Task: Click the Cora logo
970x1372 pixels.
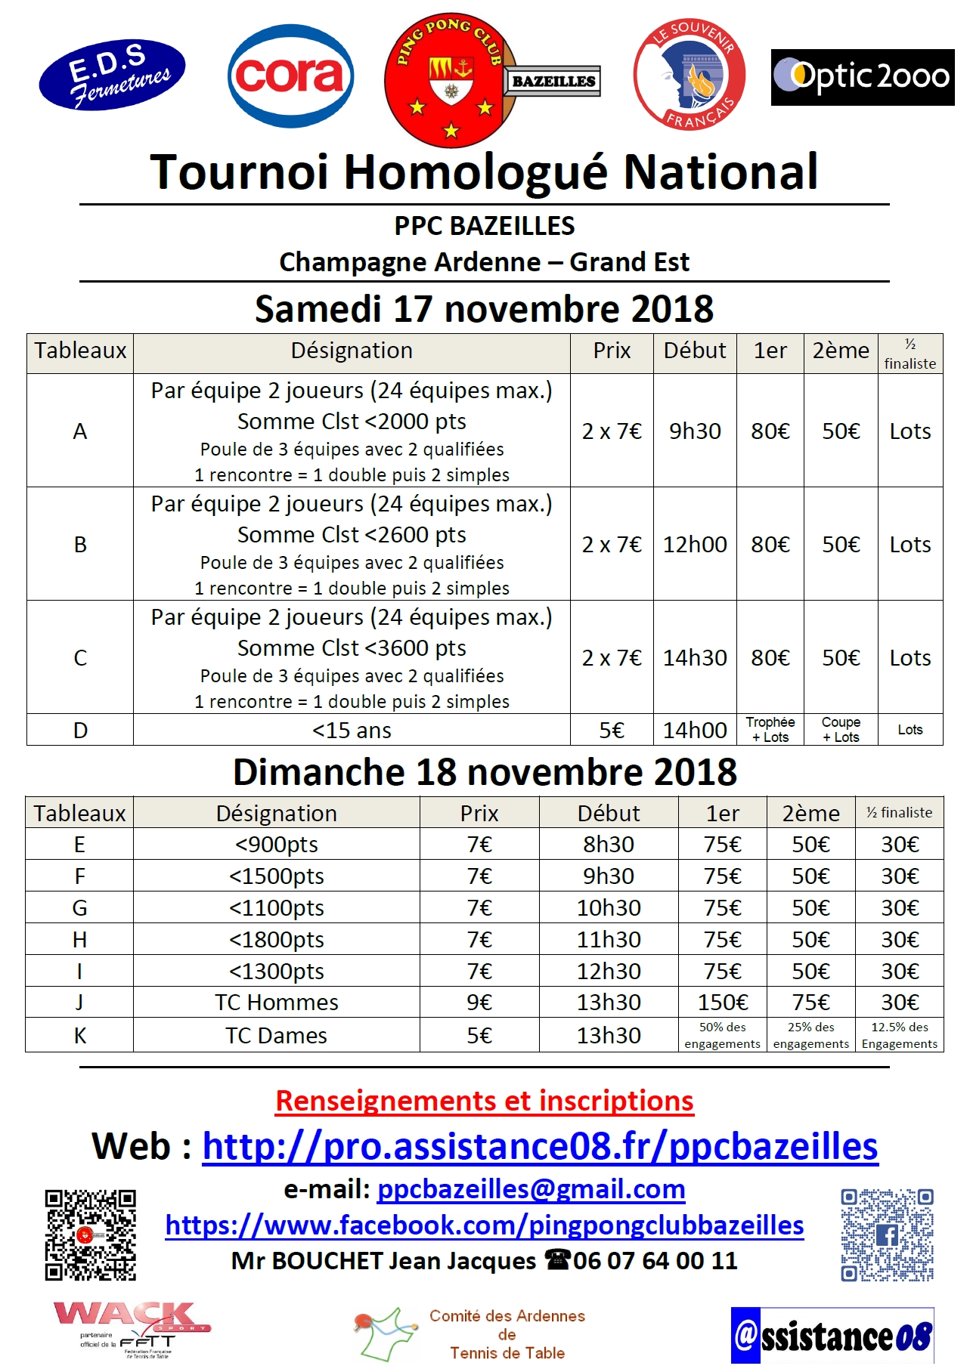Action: (x=291, y=76)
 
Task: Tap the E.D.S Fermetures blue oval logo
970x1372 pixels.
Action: (x=112, y=75)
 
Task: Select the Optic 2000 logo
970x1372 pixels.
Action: (x=862, y=77)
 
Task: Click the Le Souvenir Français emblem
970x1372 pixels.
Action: (x=689, y=75)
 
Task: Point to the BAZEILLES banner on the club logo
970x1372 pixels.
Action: (x=553, y=82)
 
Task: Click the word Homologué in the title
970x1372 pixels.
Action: (x=476, y=172)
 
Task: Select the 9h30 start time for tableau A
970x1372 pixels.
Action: (x=695, y=431)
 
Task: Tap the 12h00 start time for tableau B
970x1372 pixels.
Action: (x=695, y=545)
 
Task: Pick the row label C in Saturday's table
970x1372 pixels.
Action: (x=80, y=658)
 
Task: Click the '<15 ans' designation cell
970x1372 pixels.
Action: (x=352, y=731)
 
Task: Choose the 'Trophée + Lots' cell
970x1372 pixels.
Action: (x=770, y=730)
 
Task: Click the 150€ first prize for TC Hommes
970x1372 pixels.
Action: (x=722, y=1003)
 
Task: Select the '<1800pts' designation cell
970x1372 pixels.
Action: (x=277, y=940)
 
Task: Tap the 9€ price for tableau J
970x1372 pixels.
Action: (x=479, y=1003)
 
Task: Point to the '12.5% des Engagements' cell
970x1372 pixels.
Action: (x=899, y=1035)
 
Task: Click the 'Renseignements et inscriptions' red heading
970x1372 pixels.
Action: (x=485, y=1101)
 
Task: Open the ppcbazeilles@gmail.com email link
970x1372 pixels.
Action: (x=531, y=1189)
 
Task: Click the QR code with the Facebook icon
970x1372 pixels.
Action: (x=887, y=1234)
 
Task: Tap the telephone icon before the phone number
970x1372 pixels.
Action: (x=557, y=1259)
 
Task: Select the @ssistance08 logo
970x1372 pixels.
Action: (x=832, y=1336)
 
